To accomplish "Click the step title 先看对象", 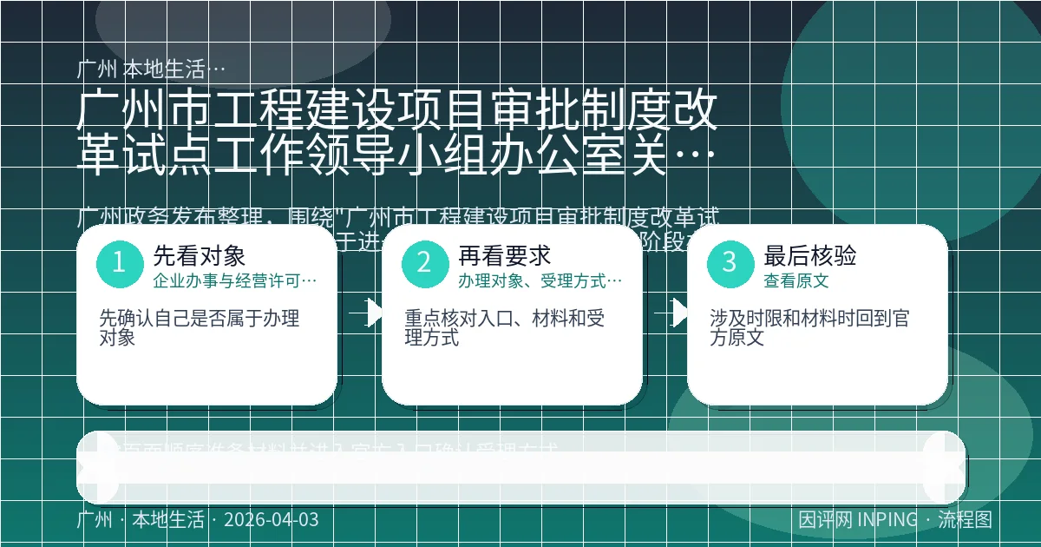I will [x=200, y=255].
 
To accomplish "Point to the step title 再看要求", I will [x=505, y=255].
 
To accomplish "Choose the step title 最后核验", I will [x=810, y=255].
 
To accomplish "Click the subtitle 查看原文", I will [x=796, y=280].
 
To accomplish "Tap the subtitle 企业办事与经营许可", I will [x=234, y=280].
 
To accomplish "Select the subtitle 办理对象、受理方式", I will [x=540, y=280].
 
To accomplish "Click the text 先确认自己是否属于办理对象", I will [x=200, y=327].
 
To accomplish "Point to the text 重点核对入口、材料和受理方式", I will [x=505, y=327].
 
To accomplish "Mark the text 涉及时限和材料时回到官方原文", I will [x=809, y=327].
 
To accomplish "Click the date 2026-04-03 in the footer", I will [x=271, y=520].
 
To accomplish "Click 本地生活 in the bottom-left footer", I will [x=167, y=520].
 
